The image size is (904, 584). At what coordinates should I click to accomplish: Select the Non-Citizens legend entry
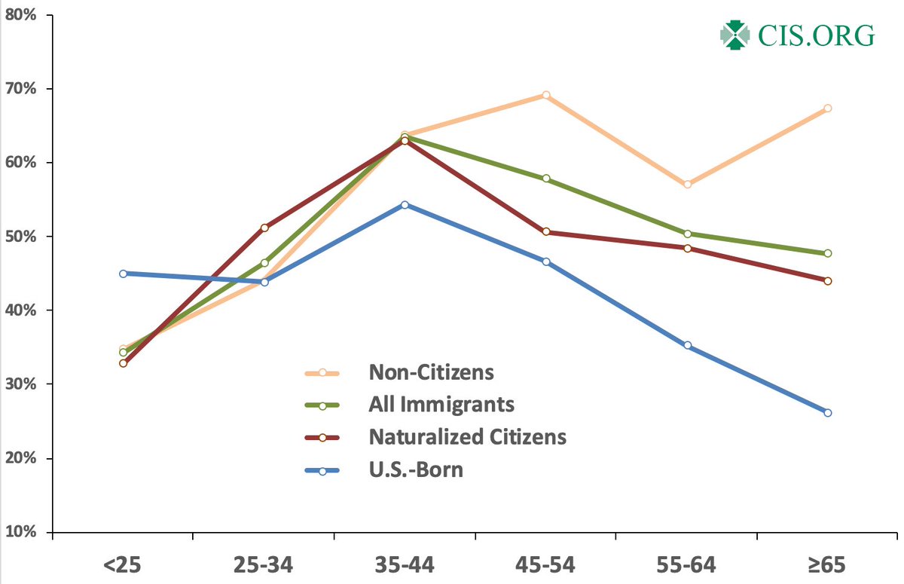click(x=431, y=372)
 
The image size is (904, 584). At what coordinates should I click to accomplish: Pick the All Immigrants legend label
click(x=441, y=405)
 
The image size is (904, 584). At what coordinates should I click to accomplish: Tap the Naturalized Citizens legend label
click(x=467, y=437)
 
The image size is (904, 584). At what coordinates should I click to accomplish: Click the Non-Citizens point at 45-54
click(x=546, y=95)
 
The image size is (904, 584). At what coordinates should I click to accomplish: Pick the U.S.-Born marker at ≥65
click(x=828, y=413)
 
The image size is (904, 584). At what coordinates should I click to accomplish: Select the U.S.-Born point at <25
click(x=123, y=274)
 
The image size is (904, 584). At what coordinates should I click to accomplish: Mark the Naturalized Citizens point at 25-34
click(x=264, y=228)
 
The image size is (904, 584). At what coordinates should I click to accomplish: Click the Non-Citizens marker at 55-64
click(x=687, y=185)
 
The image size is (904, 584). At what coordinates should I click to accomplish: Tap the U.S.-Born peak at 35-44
click(x=405, y=205)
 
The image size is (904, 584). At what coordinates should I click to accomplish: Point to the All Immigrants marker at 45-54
click(x=546, y=179)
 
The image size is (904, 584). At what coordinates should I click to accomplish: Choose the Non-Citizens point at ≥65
click(x=828, y=109)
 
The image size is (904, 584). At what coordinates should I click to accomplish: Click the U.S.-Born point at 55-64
click(x=687, y=345)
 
